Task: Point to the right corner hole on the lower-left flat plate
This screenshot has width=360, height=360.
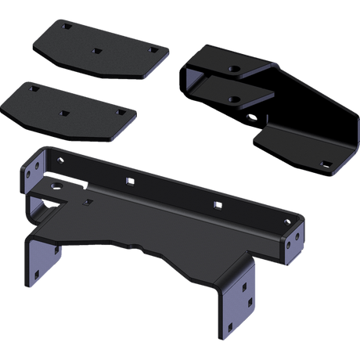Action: point(120,112)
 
